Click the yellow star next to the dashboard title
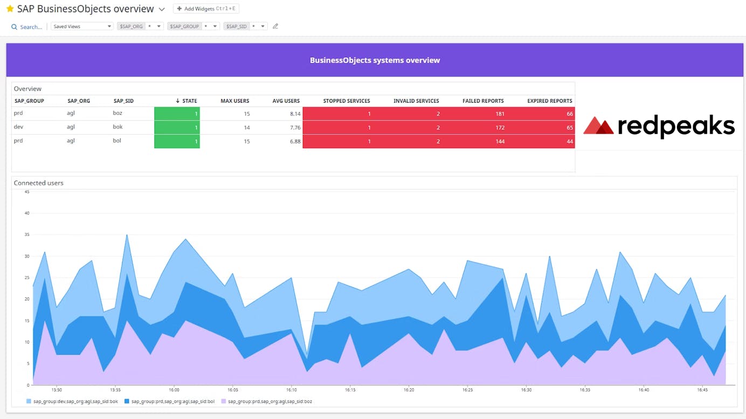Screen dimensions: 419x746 [10, 9]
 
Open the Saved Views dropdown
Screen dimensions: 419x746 [81, 26]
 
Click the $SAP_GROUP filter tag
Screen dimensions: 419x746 [184, 26]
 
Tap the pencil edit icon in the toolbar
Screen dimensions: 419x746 [275, 26]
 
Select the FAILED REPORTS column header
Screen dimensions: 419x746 [482, 101]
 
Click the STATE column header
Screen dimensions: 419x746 [186, 101]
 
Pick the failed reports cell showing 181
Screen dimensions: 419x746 [499, 114]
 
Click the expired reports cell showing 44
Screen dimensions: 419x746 [569, 142]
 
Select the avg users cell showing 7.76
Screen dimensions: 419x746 [294, 128]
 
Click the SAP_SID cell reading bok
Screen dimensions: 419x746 [118, 127]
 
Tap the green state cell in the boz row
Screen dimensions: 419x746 [177, 114]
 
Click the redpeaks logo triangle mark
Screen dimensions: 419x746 [598, 125]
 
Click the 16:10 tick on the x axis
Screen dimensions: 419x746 [291, 390]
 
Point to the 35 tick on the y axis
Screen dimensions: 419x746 [26, 235]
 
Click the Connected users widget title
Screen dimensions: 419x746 [38, 183]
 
